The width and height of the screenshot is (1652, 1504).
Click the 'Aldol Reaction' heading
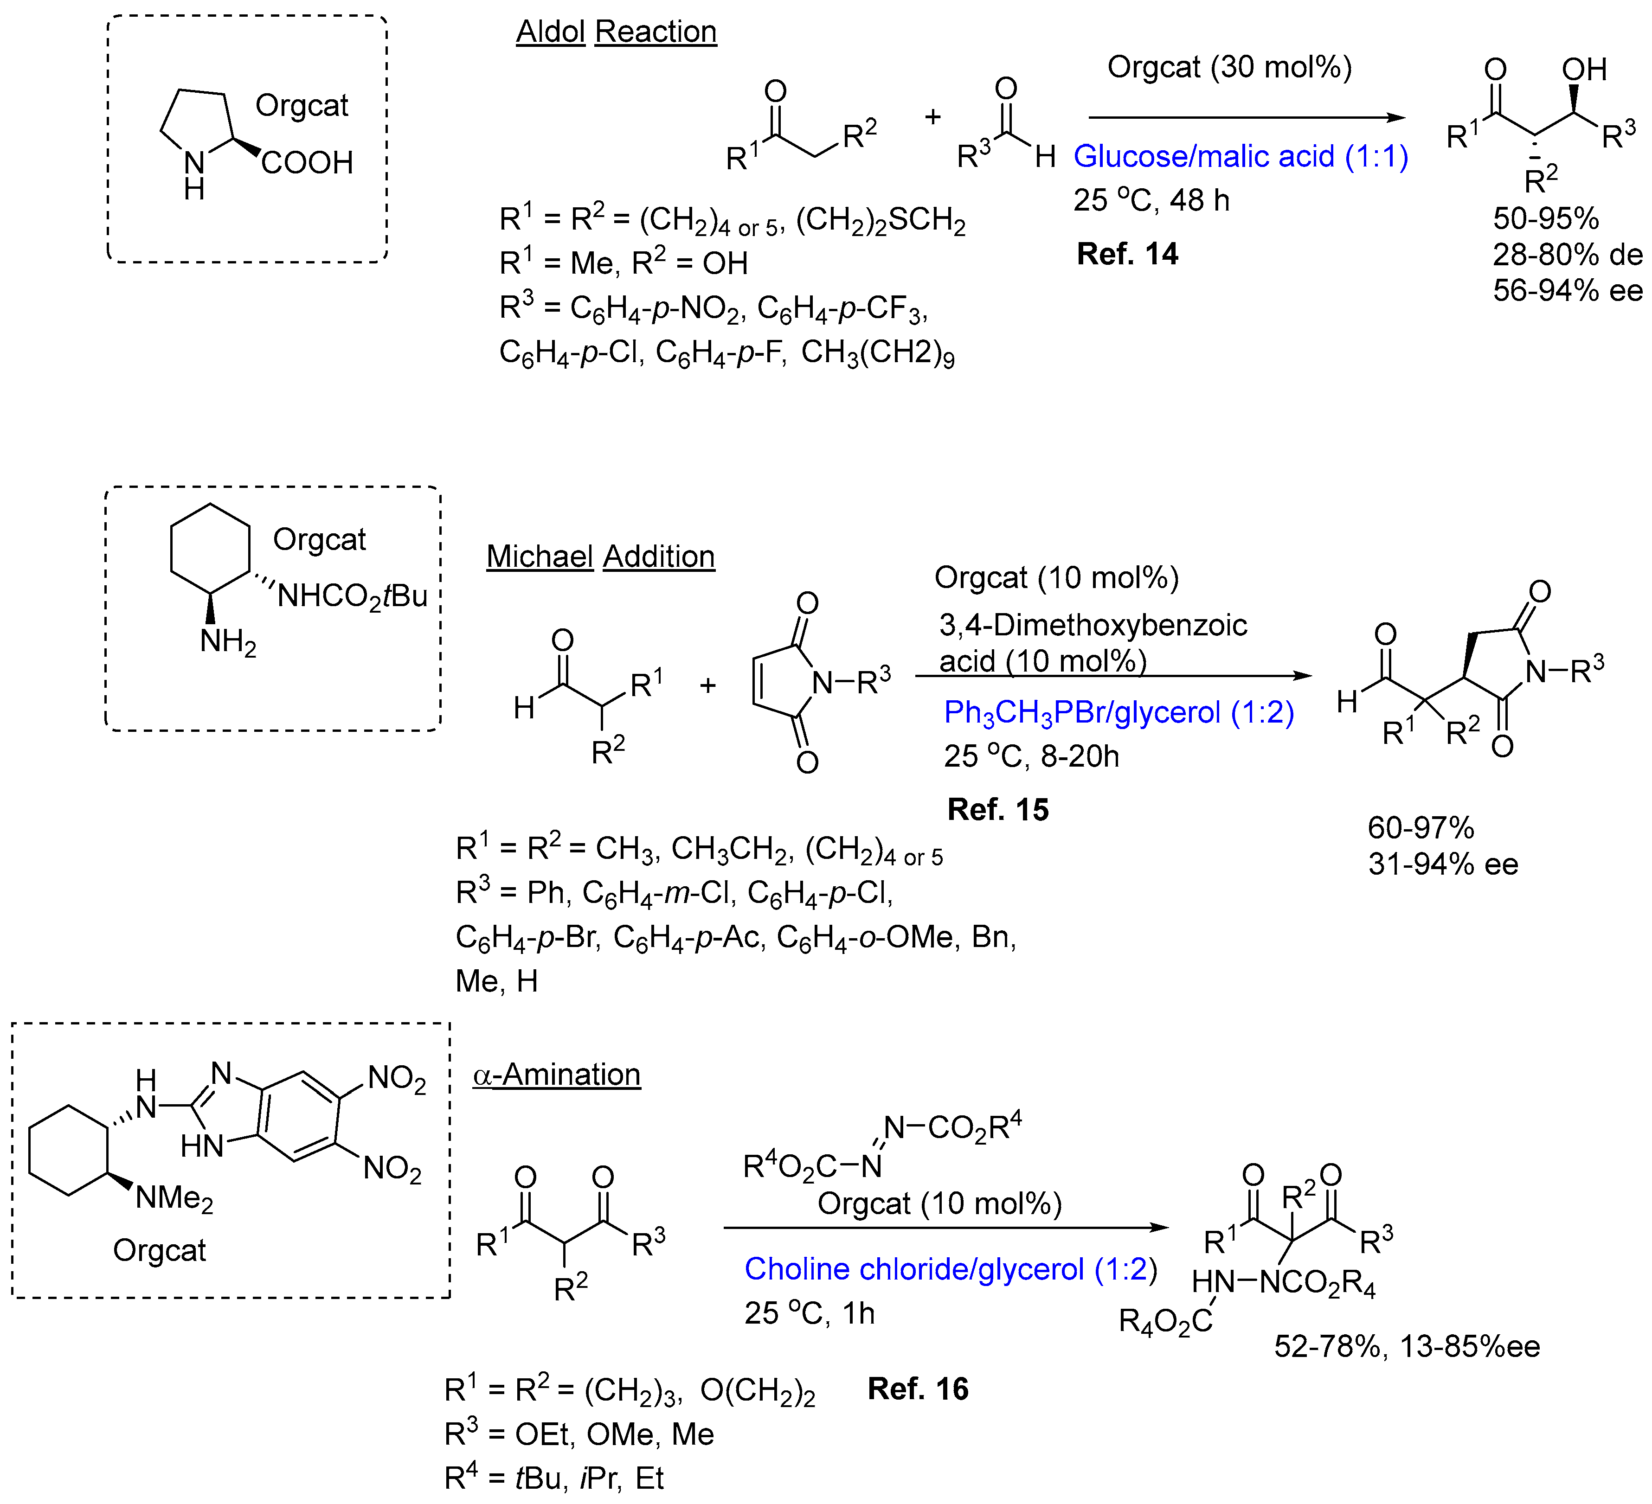[616, 32]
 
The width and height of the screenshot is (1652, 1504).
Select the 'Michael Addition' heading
[601, 557]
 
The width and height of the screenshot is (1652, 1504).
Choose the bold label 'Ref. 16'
[918, 1389]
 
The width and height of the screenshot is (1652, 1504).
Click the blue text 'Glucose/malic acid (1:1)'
[1241, 156]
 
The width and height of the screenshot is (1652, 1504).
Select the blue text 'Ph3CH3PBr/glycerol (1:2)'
[1118, 713]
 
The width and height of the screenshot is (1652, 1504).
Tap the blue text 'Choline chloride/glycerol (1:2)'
[951, 1269]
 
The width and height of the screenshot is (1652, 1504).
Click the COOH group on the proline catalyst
[307, 163]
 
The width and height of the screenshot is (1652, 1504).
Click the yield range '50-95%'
[1545, 219]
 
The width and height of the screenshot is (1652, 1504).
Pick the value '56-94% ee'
[1567, 291]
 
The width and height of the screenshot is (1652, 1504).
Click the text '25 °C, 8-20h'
[1031, 756]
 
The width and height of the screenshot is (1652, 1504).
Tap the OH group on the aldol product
[1583, 70]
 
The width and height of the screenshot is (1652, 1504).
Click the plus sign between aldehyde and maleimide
[708, 685]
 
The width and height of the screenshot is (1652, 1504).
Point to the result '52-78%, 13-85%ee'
[1406, 1347]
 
